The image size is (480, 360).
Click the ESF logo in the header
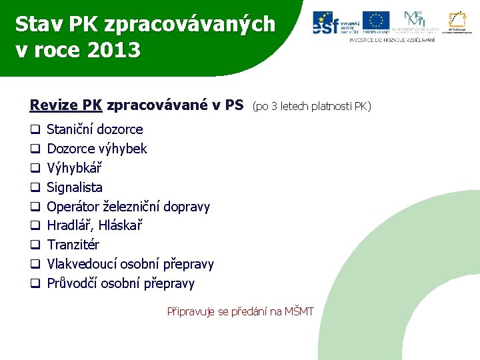coord(334,23)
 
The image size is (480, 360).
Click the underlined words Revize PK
coord(66,105)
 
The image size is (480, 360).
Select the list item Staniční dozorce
coord(95,129)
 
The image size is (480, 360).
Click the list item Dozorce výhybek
coord(97,149)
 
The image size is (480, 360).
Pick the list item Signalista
coord(75,187)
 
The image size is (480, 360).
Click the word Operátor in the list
coord(74,207)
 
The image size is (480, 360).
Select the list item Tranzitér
coord(73,245)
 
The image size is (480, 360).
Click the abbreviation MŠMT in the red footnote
coord(299,311)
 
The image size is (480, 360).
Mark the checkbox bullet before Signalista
coord(35,187)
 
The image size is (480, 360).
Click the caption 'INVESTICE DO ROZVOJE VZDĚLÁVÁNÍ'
coord(392,40)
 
